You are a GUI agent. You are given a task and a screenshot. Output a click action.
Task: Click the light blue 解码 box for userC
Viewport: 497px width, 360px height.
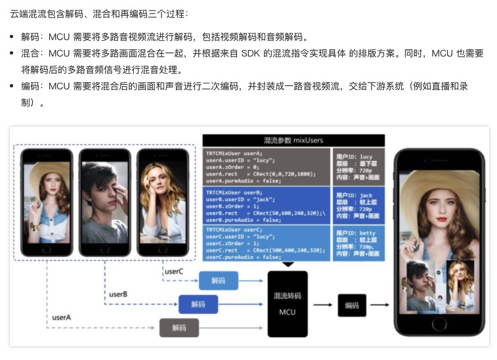tap(219, 281)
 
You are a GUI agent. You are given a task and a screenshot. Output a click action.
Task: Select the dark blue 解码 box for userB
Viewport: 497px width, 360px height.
tap(198, 304)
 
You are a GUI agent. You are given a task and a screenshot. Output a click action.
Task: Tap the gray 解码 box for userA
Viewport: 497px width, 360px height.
tap(179, 327)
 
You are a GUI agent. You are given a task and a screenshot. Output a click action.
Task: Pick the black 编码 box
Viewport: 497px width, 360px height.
tap(352, 304)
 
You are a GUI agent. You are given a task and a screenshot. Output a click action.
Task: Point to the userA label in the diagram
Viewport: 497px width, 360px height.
tap(62, 318)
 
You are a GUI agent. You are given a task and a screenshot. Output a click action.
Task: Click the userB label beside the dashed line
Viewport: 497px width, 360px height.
tap(118, 294)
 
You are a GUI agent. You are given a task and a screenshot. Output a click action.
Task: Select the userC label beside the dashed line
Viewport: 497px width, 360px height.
tap(173, 271)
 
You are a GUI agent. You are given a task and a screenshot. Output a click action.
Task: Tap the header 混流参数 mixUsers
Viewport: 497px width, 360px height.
tap(293, 140)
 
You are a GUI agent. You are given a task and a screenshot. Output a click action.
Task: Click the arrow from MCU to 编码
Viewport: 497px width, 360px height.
tap(322, 305)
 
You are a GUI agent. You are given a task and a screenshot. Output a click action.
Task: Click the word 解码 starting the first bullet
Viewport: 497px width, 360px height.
tap(30, 37)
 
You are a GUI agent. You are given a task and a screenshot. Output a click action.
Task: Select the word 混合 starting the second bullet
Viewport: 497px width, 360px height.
tap(30, 53)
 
